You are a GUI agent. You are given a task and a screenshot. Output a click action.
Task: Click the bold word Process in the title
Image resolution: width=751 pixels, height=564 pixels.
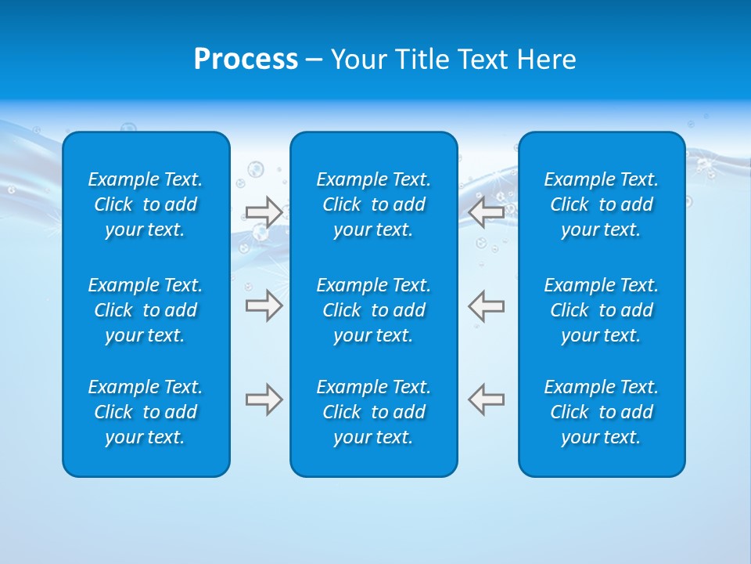click(246, 60)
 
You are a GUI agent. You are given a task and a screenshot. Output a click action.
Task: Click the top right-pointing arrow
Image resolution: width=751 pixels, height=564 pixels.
click(264, 211)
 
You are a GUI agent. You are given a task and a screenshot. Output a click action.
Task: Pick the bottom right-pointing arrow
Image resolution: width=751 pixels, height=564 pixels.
click(264, 399)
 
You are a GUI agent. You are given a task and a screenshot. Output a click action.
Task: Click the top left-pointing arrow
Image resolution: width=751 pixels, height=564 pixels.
click(487, 211)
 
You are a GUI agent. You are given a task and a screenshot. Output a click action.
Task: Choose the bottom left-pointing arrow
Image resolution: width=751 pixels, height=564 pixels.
click(487, 399)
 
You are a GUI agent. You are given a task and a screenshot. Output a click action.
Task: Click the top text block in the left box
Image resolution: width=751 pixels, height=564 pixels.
click(146, 204)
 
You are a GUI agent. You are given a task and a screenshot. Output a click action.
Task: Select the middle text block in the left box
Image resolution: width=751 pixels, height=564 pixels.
click(146, 310)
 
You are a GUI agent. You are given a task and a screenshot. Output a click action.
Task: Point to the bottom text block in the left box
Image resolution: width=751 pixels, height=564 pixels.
click(146, 412)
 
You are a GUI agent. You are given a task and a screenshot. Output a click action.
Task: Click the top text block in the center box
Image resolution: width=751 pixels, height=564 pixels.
click(374, 204)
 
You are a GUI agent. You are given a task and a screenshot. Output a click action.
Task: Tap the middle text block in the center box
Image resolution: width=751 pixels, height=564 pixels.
click(374, 310)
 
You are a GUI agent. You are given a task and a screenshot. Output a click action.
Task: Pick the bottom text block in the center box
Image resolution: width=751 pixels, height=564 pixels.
click(374, 412)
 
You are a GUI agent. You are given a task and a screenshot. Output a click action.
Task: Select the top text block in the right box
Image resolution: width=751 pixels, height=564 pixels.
click(602, 204)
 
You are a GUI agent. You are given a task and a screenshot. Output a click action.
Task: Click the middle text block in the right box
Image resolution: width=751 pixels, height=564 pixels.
click(602, 310)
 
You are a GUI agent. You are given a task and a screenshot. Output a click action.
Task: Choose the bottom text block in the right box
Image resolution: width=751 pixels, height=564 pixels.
click(602, 412)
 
